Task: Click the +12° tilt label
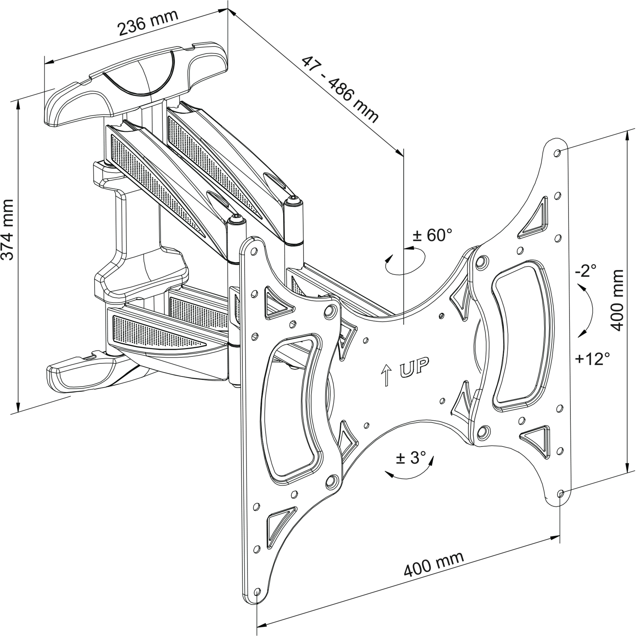[592, 359]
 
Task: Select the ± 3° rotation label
[410, 458]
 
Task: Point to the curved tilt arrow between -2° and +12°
[588, 312]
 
